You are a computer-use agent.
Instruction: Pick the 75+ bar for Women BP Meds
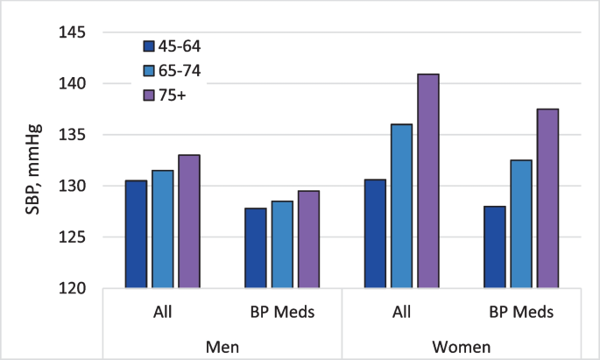point(547,199)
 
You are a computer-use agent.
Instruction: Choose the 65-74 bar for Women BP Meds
point(521,224)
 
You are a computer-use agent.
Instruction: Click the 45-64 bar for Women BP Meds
point(494,247)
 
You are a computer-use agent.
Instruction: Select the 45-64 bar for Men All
point(136,234)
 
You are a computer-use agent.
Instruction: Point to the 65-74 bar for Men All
point(162,229)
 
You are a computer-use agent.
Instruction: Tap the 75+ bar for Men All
point(189,222)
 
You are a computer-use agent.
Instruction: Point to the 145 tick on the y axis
point(73,32)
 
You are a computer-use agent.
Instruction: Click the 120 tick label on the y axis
point(73,288)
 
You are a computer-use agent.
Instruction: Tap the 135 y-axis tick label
point(73,135)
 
